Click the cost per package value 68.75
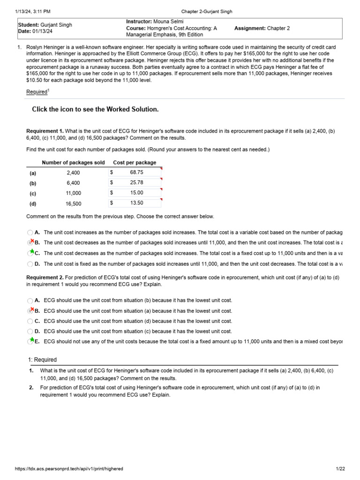(136, 172)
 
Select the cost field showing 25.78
(136, 183)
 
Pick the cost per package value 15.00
(136, 193)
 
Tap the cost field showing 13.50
(136, 203)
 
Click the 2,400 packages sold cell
(73, 173)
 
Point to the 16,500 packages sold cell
(73, 203)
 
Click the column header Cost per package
(135, 163)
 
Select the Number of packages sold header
(74, 163)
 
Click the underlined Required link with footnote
(37, 92)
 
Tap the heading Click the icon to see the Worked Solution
(95, 109)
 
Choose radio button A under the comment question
(30, 232)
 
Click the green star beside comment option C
(31, 252)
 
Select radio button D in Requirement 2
(30, 331)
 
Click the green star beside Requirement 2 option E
(31, 340)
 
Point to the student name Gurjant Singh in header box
(56, 25)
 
